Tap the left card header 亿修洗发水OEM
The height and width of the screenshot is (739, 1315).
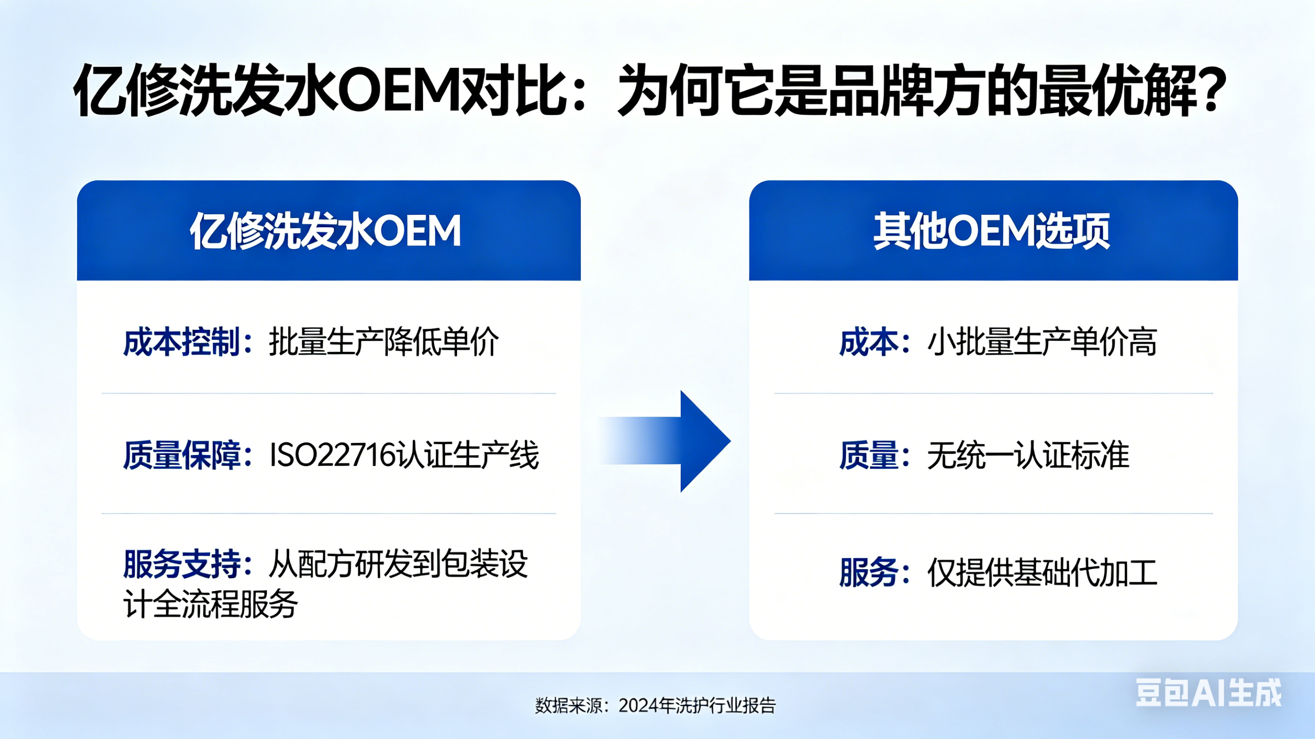pyautogui.click(x=326, y=231)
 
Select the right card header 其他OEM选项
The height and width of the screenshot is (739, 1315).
pyautogui.click(x=992, y=231)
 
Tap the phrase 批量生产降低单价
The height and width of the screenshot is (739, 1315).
pyautogui.click(x=383, y=342)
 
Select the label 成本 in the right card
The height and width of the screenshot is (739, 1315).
pyautogui.click(x=869, y=342)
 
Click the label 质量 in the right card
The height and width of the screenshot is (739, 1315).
pyautogui.click(x=869, y=455)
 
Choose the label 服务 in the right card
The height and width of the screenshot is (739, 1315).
pyautogui.click(x=869, y=572)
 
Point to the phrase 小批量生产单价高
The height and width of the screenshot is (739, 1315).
pyautogui.click(x=1042, y=342)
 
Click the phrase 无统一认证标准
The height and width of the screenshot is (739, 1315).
pyautogui.click(x=1028, y=455)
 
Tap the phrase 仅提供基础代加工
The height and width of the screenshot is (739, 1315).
pyautogui.click(x=1042, y=572)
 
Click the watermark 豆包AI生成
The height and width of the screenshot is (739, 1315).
pyautogui.click(x=1209, y=693)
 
